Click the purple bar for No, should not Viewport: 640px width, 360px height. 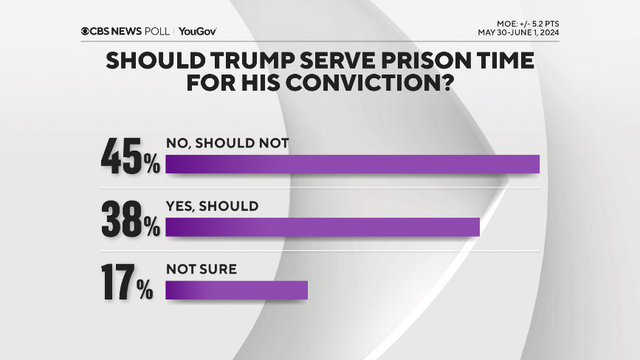[x=352, y=165]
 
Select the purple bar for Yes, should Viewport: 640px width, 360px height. [x=322, y=227]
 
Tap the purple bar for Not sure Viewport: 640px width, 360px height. [x=236, y=290]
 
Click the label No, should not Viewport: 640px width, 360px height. [x=227, y=143]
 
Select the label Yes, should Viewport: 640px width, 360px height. [x=212, y=206]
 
